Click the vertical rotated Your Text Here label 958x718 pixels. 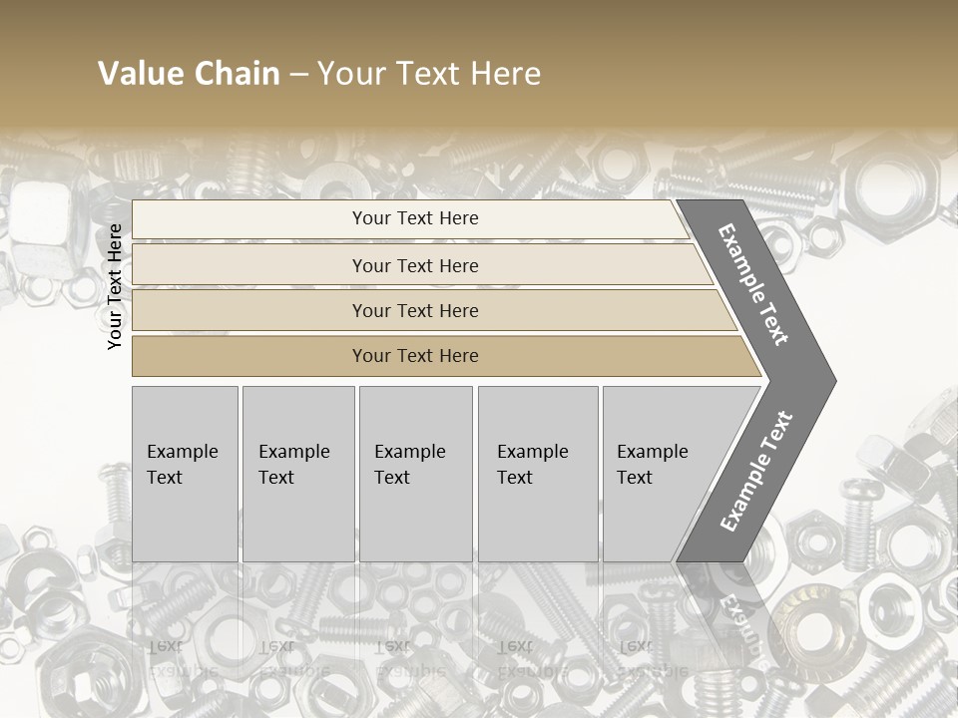pyautogui.click(x=115, y=287)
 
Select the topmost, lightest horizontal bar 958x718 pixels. pyautogui.click(x=409, y=218)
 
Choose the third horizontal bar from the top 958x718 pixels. pyautogui.click(x=429, y=310)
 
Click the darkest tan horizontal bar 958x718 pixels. pyautogui.click(x=439, y=356)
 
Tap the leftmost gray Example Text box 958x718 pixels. pyautogui.click(x=185, y=474)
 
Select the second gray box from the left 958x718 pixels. pyautogui.click(x=298, y=474)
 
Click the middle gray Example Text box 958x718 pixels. pyautogui.click(x=415, y=474)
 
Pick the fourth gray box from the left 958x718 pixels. pyautogui.click(x=538, y=474)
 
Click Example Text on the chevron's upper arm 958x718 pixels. pyautogui.click(x=754, y=284)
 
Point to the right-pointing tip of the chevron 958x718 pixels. pyautogui.click(x=828, y=380)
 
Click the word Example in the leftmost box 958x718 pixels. pyautogui.click(x=182, y=452)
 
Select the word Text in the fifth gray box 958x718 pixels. pyautogui.click(x=635, y=478)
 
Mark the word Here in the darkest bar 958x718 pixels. pyautogui.click(x=458, y=356)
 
